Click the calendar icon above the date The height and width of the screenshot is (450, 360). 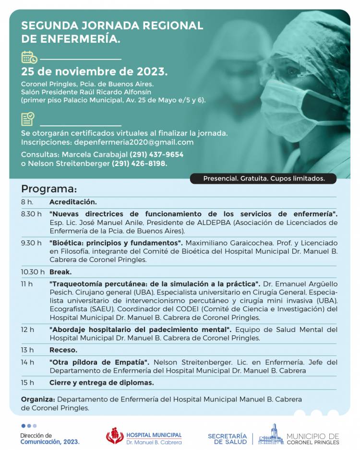tap(29, 58)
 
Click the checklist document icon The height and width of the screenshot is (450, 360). tap(28, 119)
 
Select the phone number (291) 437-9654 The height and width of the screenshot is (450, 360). tap(156, 154)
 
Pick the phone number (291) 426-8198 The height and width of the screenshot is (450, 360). tap(139, 164)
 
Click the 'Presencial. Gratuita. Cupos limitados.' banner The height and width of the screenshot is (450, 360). tap(264, 178)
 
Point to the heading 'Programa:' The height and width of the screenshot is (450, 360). tap(48, 189)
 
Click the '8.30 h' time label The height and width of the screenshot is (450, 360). tap(31, 214)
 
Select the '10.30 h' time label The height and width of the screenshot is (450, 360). tap(32, 272)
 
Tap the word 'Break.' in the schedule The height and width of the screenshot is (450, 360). tap(60, 272)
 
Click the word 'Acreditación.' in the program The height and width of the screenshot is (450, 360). tap(73, 202)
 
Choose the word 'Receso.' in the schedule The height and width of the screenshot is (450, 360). tap(63, 350)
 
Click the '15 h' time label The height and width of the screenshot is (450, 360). tap(27, 382)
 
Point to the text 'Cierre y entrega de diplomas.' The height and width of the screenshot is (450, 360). tap(101, 382)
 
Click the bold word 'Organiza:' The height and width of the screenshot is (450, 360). tap(38, 399)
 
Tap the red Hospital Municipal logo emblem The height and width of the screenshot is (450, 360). tap(115, 436)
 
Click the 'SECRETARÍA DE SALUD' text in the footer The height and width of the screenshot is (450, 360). tap(227, 438)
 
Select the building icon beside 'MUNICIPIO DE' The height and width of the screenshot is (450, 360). tap(271, 435)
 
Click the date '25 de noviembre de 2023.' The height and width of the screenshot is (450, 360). tap(94, 72)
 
